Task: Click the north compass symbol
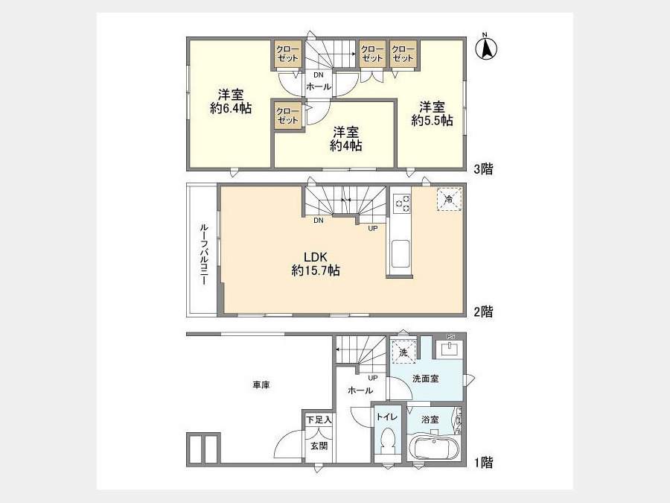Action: click(486, 47)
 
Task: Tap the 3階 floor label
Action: click(483, 169)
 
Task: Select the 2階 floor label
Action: click(483, 311)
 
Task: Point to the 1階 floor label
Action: click(484, 462)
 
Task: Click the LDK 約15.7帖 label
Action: click(316, 264)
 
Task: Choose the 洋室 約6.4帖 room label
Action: click(231, 101)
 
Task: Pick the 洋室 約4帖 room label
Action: click(346, 139)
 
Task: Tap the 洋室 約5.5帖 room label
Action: click(432, 113)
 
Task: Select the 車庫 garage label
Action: click(261, 385)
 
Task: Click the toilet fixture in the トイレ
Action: click(388, 441)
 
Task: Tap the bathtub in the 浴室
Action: click(434, 448)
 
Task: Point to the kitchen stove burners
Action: click(401, 203)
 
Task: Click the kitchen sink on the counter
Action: click(400, 255)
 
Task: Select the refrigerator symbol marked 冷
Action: click(449, 199)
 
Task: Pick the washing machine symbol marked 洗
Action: click(403, 352)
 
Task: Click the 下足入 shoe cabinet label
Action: click(319, 420)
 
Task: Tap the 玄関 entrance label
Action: click(319, 446)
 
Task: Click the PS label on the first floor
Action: click(450, 337)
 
